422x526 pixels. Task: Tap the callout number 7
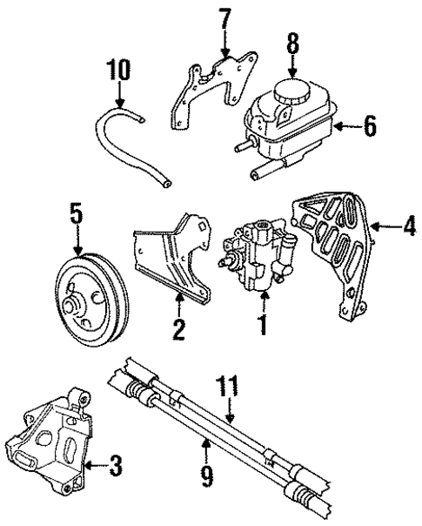pyautogui.click(x=224, y=17)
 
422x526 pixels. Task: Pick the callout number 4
pyautogui.click(x=409, y=230)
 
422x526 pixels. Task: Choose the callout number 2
pyautogui.click(x=179, y=328)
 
